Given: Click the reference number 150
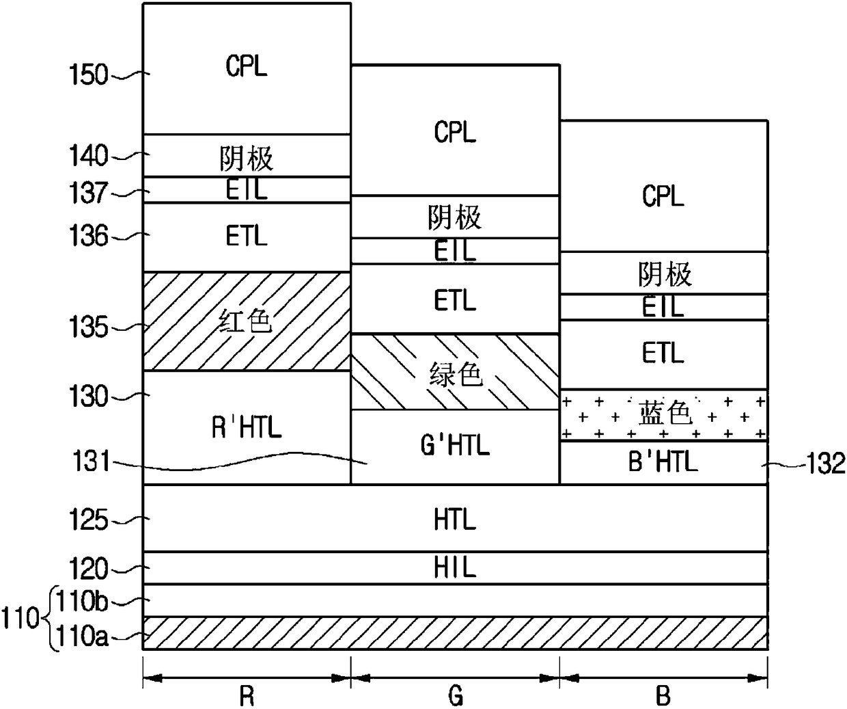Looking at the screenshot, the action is (89, 75).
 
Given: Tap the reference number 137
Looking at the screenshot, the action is (89, 193).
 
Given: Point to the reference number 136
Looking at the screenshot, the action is (89, 235).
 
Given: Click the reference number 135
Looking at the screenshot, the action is (89, 327).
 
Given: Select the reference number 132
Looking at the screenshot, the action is (827, 464).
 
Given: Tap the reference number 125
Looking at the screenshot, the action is (89, 520).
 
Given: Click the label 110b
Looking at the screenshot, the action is (82, 600).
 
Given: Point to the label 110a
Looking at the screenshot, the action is (82, 635).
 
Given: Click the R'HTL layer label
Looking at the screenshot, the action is (247, 427).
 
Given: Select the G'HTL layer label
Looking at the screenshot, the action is (455, 445).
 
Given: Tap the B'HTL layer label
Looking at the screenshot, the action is (663, 462).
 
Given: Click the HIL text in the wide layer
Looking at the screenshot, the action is (455, 567).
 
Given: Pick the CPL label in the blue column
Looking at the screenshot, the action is (663, 196).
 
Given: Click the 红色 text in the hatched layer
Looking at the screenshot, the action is (246, 321).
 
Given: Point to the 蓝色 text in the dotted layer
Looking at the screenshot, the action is (665, 413).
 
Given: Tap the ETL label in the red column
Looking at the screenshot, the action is (247, 235).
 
